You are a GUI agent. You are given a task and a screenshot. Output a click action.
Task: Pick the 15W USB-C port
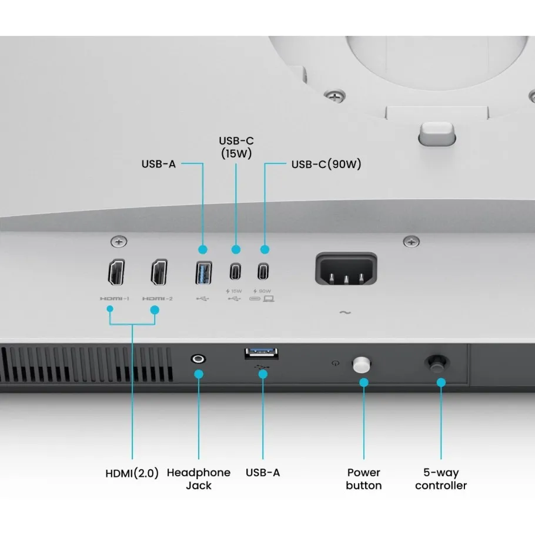235,272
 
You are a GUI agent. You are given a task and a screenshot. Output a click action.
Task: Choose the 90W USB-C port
264,272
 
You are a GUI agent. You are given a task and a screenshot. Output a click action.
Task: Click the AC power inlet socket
346,270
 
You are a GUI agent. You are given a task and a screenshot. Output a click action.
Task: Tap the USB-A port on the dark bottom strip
262,354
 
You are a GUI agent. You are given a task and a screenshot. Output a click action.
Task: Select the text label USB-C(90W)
326,164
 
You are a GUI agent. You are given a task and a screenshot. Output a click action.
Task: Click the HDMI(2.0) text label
132,473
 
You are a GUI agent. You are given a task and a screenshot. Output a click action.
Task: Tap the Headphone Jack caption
199,479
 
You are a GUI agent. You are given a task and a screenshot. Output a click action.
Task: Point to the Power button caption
363,479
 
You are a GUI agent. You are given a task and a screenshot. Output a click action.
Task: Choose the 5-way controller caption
441,479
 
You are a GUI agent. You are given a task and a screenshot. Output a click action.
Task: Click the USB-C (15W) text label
236,147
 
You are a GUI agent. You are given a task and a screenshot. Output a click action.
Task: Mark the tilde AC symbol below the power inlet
345,312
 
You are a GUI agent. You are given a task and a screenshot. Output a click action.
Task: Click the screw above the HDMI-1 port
119,241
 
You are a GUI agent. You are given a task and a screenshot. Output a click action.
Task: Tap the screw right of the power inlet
412,241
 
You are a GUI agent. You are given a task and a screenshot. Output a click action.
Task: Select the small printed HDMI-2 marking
158,299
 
